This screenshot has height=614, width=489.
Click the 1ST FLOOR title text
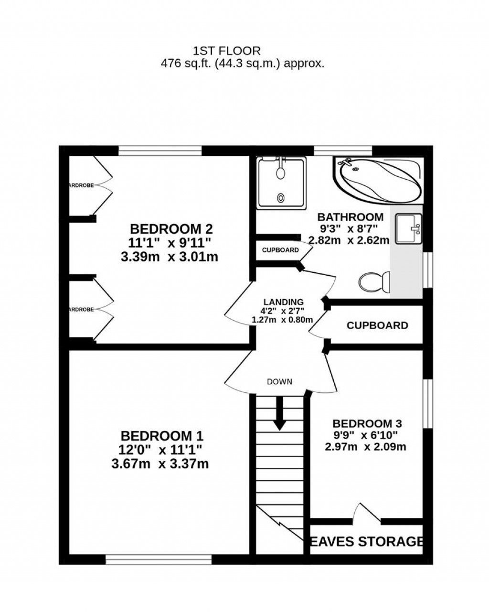tap(226, 50)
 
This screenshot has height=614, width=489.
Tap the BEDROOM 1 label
tap(162, 436)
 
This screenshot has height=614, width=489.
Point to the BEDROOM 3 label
tap(367, 423)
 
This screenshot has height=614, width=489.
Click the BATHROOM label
tap(351, 217)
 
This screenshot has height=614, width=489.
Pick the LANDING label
tap(283, 302)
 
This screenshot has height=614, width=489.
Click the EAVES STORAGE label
tap(367, 541)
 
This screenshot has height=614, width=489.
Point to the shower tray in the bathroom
tap(281, 183)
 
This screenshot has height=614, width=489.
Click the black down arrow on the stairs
tap(279, 413)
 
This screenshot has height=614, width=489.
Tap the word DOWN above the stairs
tap(279, 382)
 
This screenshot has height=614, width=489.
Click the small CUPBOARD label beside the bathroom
tap(280, 250)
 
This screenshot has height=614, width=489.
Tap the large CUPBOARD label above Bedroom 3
tap(377, 325)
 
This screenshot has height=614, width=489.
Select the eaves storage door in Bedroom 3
tap(367, 514)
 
